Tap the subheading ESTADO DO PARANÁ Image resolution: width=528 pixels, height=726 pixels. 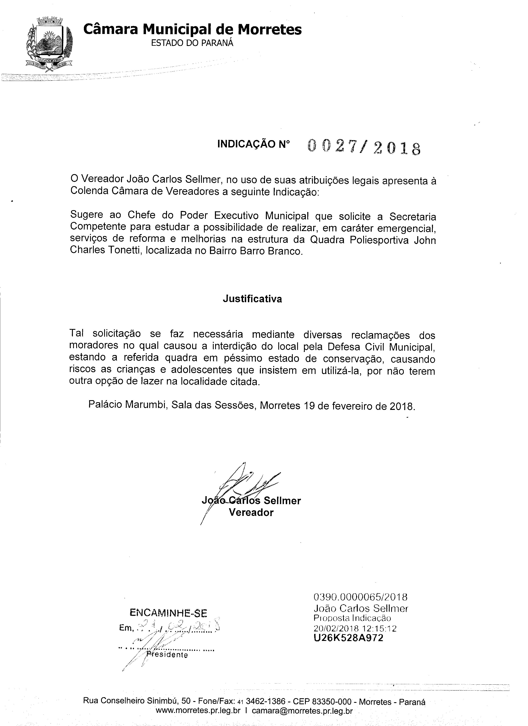tap(192, 43)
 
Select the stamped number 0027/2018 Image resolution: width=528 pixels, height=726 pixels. tap(364, 148)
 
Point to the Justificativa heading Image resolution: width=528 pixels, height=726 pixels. tap(252, 299)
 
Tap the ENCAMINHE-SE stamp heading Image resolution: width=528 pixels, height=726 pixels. tap(168, 613)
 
